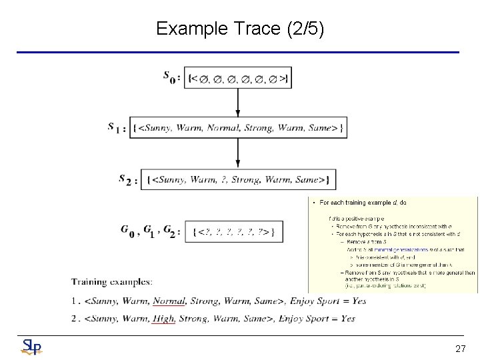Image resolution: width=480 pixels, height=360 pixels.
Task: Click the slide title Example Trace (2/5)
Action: tap(240, 29)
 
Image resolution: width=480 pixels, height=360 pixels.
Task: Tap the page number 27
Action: tap(460, 349)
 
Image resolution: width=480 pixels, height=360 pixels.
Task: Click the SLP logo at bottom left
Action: tap(31, 346)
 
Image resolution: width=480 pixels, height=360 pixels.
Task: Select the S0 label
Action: tap(171, 77)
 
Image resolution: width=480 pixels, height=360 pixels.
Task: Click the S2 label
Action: tap(128, 179)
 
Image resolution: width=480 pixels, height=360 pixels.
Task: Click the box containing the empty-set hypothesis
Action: tap(239, 78)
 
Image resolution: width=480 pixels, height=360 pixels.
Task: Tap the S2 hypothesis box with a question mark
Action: tap(239, 179)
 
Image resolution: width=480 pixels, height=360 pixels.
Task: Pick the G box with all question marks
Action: tap(233, 231)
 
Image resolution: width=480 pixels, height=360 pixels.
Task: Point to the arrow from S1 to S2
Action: tap(238, 153)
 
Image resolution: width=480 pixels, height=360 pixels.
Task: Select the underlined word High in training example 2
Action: tap(163, 319)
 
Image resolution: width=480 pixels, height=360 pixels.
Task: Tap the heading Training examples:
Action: tap(112, 282)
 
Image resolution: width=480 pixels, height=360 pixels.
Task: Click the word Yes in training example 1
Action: tap(359, 301)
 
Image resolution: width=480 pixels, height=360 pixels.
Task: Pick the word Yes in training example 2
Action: tap(348, 319)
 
